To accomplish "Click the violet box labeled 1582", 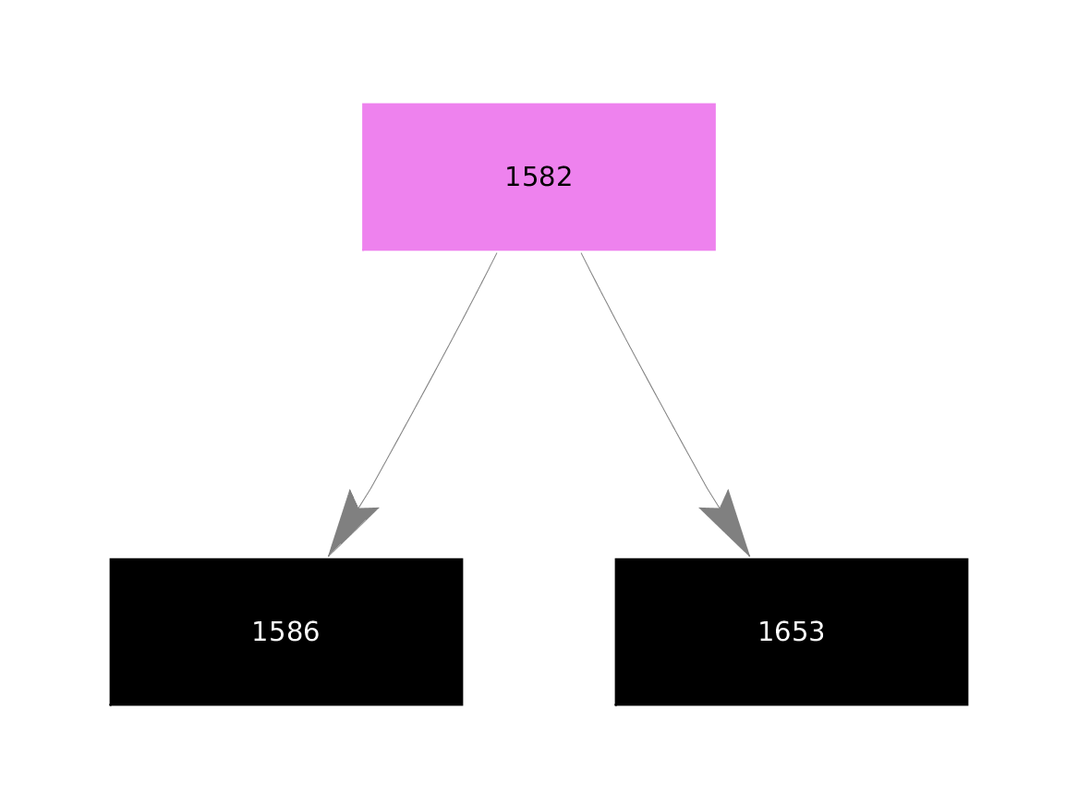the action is point(539,177).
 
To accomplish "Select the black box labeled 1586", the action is point(286,631).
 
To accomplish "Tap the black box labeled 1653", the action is point(792,631).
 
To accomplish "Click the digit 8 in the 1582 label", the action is point(547,178).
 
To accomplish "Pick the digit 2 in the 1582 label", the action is point(563,178).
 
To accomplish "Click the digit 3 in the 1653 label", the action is point(816,632).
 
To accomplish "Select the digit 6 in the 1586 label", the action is point(310,632).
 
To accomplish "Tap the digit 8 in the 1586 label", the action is point(295,632).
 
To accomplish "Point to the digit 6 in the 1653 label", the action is point(783,632).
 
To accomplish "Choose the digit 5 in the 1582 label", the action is point(531,178).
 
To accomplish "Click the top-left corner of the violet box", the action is point(362,104).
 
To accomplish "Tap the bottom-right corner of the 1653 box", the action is point(968,705).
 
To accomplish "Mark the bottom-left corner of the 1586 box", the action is point(109,705).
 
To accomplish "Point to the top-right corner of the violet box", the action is point(716,104).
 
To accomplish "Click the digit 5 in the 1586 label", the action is point(278,632).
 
